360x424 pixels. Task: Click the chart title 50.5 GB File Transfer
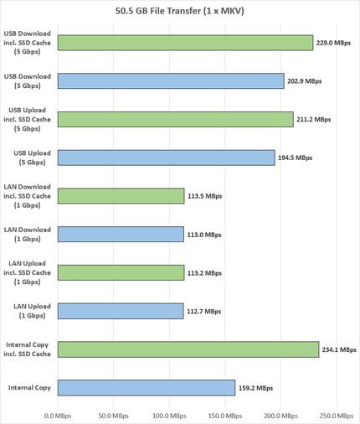(x=180, y=11)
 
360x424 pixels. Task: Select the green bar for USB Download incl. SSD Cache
(x=185, y=43)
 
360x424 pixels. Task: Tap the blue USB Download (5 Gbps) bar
(x=171, y=81)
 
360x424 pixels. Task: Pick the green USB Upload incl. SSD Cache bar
(x=176, y=119)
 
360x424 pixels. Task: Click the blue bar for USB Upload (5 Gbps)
(x=167, y=158)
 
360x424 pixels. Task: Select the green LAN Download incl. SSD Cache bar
(x=121, y=196)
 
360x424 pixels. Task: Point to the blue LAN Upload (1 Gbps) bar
(x=121, y=311)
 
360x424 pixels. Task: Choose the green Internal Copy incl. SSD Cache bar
(x=188, y=349)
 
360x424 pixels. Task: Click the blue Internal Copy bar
(x=146, y=387)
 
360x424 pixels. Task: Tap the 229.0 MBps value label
(x=333, y=43)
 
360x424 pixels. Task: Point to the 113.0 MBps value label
(x=205, y=235)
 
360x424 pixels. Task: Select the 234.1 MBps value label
(x=339, y=349)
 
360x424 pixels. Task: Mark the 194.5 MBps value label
(x=295, y=158)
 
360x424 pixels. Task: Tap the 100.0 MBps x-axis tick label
(x=168, y=414)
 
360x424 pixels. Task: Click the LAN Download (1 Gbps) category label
(x=28, y=235)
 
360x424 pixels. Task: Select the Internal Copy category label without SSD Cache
(x=29, y=387)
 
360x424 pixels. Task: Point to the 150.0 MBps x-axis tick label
(x=224, y=414)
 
